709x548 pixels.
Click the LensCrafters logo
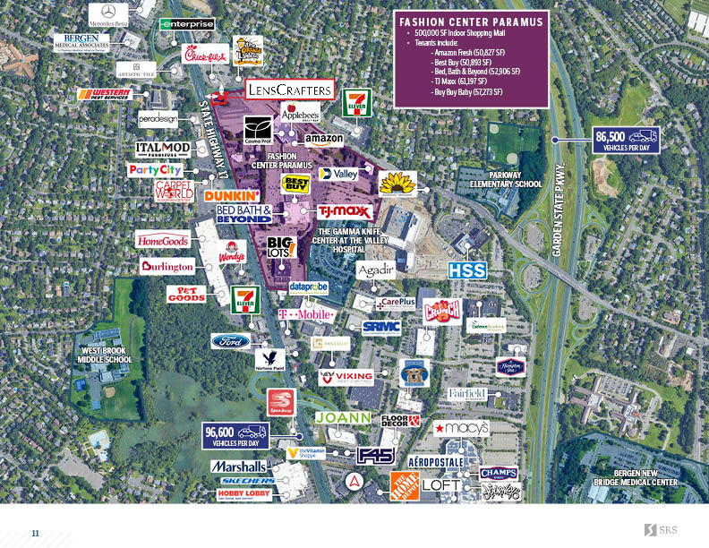(x=290, y=89)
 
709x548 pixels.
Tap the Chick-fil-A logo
(x=205, y=54)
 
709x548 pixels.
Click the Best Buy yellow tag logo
(x=296, y=184)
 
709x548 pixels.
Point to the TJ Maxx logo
(x=342, y=212)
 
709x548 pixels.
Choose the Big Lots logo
(x=282, y=247)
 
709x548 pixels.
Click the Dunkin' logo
(x=232, y=194)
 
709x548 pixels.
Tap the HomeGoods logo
(x=162, y=240)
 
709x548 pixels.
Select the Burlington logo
(x=167, y=266)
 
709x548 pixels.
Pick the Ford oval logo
(x=231, y=340)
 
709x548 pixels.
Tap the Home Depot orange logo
(x=404, y=486)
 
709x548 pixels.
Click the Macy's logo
(x=462, y=429)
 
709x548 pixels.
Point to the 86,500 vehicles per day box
(x=627, y=140)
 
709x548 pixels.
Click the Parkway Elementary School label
(x=509, y=179)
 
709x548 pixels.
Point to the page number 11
(x=36, y=533)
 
